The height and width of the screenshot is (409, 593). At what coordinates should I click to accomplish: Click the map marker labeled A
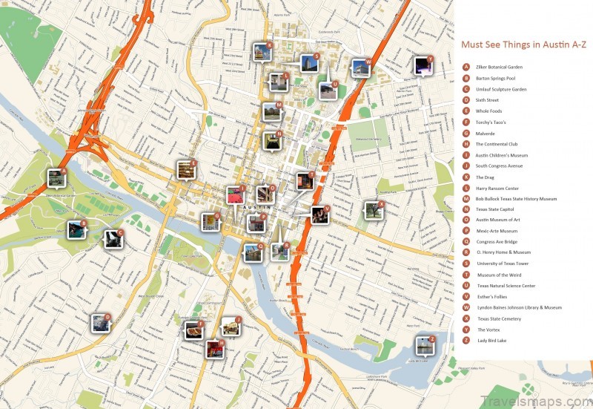pos(56,177)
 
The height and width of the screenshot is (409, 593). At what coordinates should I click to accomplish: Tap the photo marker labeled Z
pos(424,344)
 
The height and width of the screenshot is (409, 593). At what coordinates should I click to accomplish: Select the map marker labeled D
pos(100,322)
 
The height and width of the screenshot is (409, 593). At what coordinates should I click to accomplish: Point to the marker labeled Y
pos(423,65)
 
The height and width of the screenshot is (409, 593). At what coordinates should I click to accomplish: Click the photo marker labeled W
pos(360,69)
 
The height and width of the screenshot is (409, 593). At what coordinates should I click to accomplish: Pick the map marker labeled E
pos(185,170)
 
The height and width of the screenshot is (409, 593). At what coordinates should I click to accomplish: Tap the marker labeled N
pos(272,140)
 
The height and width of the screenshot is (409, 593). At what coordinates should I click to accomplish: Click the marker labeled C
pos(113,238)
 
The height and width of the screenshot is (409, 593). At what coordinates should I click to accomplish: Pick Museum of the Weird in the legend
pos(497,275)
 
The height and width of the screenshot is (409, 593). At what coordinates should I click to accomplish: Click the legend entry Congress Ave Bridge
pos(496,242)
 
